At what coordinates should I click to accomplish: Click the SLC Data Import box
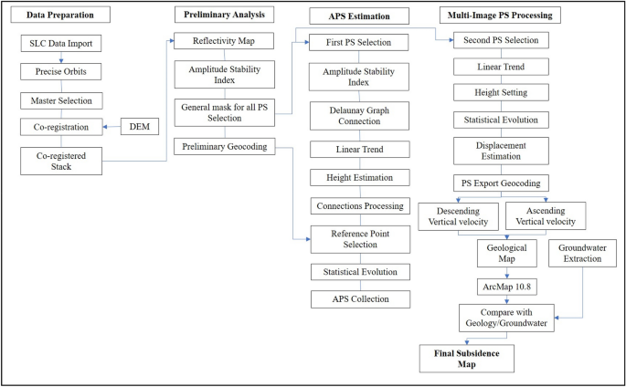pos(61,43)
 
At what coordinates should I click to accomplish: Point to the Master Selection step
pos(61,99)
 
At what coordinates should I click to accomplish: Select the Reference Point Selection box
pos(353,240)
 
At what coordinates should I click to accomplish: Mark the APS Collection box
pos(353,298)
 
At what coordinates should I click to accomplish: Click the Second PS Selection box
pos(502,40)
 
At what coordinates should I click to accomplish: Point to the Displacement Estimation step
pos(502,151)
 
